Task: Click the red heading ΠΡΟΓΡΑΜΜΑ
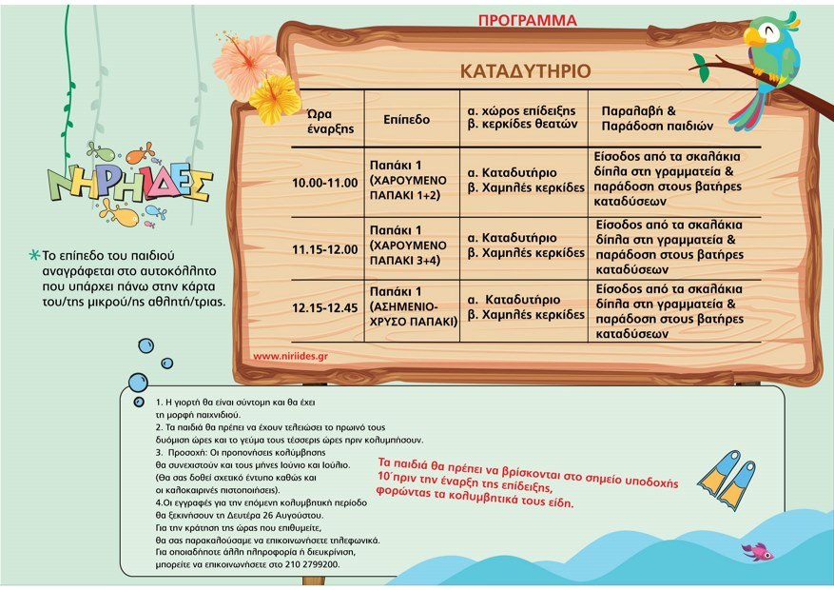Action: coord(527,19)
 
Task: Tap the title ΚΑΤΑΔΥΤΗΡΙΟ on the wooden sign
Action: coord(525,71)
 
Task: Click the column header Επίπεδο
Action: coord(407,120)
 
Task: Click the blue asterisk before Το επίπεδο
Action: coord(35,256)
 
